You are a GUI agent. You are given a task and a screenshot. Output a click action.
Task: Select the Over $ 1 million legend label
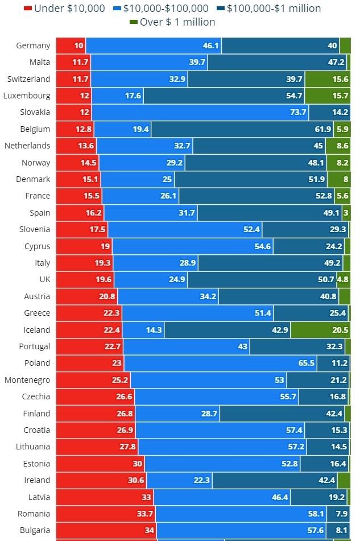(177, 22)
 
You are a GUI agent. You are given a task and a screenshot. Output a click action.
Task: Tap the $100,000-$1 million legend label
(274, 9)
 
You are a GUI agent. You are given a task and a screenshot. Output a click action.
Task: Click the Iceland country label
(37, 330)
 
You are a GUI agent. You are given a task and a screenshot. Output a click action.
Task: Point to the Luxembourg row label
(27, 96)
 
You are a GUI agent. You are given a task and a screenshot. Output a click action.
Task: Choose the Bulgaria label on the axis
(35, 530)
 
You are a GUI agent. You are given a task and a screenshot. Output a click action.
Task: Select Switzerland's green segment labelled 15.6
(328, 79)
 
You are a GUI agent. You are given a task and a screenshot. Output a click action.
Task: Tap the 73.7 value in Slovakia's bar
(298, 112)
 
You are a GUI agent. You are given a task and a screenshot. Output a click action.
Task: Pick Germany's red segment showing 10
(72, 46)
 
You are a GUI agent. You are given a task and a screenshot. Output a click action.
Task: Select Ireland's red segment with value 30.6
(102, 480)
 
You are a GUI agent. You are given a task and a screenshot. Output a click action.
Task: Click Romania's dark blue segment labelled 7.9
(338, 514)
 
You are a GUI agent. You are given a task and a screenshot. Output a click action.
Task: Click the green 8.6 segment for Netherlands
(338, 146)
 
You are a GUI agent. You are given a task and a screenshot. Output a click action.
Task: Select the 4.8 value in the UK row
(343, 279)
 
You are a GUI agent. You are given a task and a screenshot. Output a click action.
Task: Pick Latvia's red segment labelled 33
(105, 497)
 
